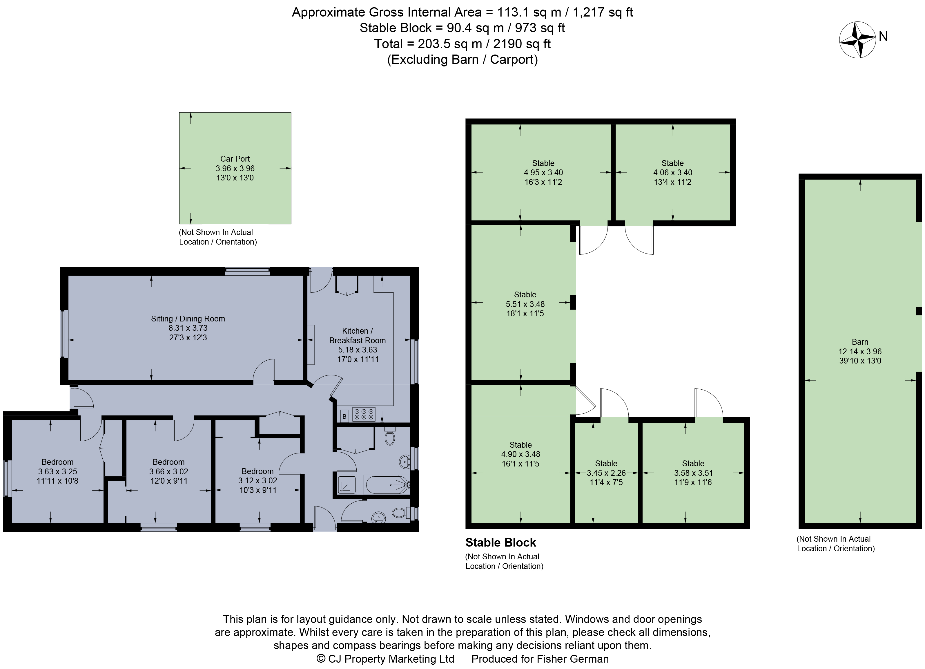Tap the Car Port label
coord(235,159)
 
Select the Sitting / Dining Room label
coord(188,319)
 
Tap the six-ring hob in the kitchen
coord(364,415)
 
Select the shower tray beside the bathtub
coord(347,484)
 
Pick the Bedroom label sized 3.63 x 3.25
coord(57,462)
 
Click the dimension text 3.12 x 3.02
coord(257,480)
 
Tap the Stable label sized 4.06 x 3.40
coord(672,163)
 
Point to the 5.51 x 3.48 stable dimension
coord(525,304)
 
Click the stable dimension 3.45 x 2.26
coord(606,473)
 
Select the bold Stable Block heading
coord(500,543)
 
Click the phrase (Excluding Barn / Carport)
coord(462,59)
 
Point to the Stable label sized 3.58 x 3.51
coord(693,463)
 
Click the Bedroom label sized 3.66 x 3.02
coord(168,462)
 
